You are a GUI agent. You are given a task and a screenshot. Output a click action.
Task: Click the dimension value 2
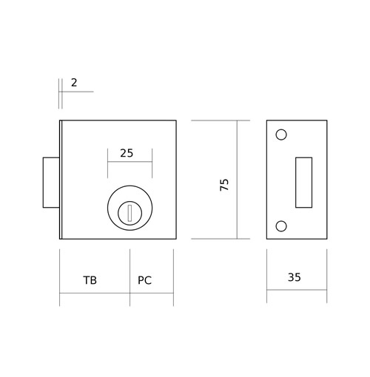click(x=74, y=83)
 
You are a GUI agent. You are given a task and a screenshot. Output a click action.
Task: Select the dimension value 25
click(x=127, y=153)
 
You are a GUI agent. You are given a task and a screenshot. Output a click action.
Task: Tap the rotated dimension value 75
click(x=224, y=185)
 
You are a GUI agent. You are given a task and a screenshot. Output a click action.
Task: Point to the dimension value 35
click(x=295, y=277)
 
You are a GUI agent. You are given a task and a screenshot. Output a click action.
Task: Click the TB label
click(x=90, y=280)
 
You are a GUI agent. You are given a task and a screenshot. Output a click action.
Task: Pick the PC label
click(x=144, y=280)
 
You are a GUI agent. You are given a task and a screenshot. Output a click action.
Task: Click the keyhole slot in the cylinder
click(x=129, y=214)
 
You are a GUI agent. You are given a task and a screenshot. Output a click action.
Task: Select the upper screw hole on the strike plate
click(x=281, y=135)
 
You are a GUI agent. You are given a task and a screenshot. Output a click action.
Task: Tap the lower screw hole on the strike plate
click(x=281, y=226)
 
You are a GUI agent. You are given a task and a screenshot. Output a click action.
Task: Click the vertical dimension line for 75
click(x=237, y=180)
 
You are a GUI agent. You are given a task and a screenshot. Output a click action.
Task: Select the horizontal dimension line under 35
click(x=297, y=290)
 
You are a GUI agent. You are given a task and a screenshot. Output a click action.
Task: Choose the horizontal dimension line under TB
click(x=95, y=293)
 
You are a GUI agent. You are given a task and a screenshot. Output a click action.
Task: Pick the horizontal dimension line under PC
click(x=152, y=293)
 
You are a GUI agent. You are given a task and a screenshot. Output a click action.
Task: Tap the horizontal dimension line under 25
click(x=129, y=162)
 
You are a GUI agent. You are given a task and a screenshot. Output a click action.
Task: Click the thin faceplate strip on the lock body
click(x=61, y=180)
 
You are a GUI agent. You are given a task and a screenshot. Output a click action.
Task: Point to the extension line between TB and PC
click(x=130, y=277)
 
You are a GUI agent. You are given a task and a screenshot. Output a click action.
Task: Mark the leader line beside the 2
click(x=76, y=92)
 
